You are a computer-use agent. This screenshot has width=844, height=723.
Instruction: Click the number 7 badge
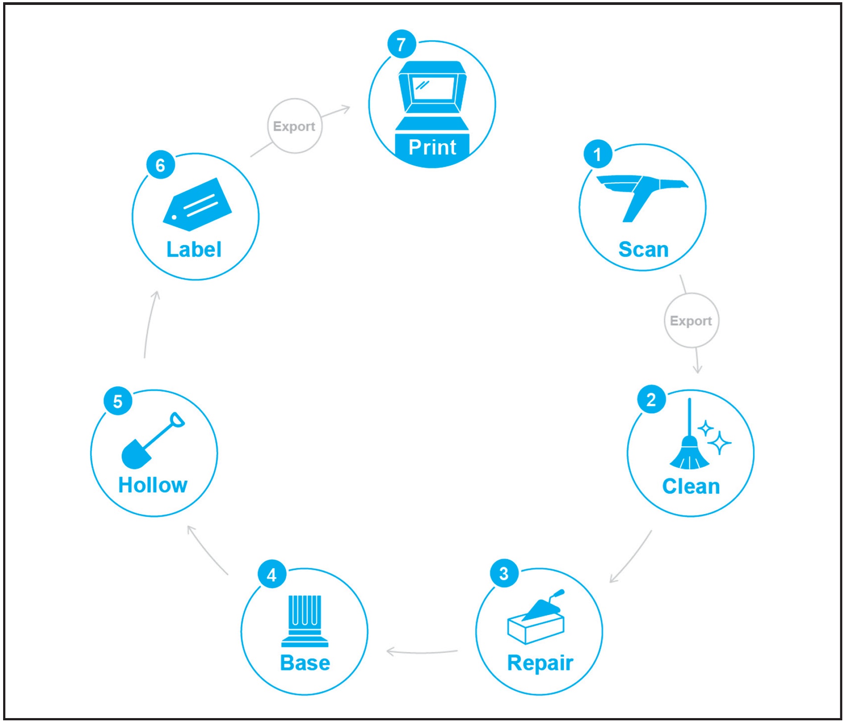(x=401, y=44)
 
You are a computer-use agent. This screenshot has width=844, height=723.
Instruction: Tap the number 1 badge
(x=597, y=154)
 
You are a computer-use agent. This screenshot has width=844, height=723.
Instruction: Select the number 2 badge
(x=651, y=399)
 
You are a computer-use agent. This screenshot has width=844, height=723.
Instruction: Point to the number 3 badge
(x=504, y=573)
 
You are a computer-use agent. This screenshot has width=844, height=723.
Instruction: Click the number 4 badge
(x=272, y=575)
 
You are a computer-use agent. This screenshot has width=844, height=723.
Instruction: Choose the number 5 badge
(x=118, y=401)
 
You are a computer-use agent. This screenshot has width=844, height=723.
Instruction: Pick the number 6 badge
(x=160, y=165)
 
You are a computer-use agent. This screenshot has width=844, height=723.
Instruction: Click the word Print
(x=432, y=147)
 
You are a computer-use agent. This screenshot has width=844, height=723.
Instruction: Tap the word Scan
(x=643, y=249)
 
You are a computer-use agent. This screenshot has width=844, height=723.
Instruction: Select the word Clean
(x=691, y=486)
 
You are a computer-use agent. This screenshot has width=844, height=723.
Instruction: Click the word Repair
(x=540, y=663)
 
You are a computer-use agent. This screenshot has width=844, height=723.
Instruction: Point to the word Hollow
(x=153, y=485)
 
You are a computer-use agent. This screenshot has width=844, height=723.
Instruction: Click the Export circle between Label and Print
(x=294, y=126)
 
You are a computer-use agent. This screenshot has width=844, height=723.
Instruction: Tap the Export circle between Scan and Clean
(x=691, y=320)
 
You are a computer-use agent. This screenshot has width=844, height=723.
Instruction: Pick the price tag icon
(x=197, y=205)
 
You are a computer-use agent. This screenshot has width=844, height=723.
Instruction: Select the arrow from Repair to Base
(x=422, y=652)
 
